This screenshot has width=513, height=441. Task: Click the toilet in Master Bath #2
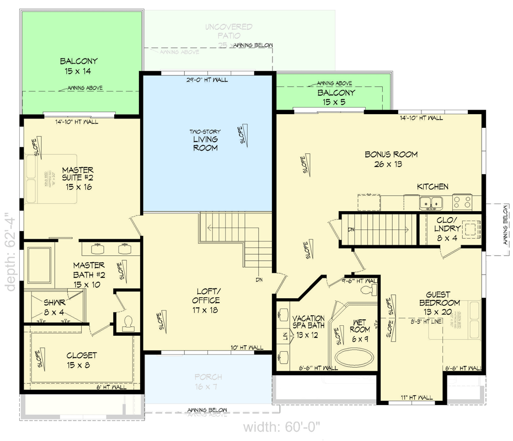(x=129, y=323)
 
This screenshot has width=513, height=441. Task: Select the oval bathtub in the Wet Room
(x=355, y=357)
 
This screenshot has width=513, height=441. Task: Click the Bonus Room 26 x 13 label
(x=391, y=159)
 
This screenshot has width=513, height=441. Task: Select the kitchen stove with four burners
(x=462, y=203)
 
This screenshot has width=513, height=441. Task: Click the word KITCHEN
(x=432, y=187)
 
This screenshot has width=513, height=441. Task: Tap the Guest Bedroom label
(x=439, y=304)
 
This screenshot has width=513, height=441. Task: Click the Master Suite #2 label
(x=77, y=179)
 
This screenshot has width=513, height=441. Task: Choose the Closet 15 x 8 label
(x=82, y=360)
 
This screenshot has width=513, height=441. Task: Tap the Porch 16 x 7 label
(x=208, y=382)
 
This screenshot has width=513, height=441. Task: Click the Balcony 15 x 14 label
(x=78, y=66)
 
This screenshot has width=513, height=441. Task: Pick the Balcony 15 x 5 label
(x=336, y=97)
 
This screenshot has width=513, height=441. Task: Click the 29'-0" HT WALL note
(x=207, y=80)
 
